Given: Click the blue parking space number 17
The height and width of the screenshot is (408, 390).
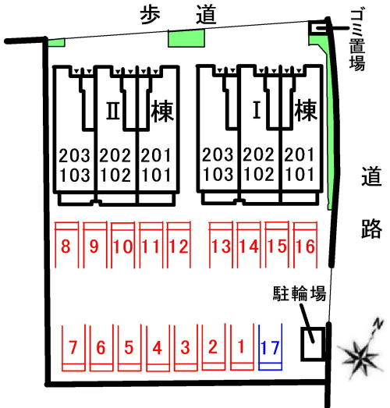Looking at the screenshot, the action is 270,347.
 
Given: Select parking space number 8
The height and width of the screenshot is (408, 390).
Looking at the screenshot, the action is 66,246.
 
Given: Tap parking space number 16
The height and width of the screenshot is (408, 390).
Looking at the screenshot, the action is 305,247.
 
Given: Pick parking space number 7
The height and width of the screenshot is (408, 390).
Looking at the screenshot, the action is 73,347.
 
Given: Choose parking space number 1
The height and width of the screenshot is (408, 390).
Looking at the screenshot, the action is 241,346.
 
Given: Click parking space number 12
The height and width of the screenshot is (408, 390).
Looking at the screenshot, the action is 179,247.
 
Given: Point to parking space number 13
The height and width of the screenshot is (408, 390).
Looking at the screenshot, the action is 221,247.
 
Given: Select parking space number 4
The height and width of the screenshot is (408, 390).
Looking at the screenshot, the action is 157,348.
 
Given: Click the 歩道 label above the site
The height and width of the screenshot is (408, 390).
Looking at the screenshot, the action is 178,15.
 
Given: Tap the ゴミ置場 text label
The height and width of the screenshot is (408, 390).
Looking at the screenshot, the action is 357,40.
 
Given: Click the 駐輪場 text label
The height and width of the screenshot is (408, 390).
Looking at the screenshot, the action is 300,293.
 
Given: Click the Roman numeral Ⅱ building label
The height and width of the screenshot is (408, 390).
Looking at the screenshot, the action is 113,111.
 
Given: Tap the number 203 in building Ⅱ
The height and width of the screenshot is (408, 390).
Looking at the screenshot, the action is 74,155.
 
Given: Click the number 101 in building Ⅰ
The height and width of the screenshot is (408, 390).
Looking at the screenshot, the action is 300,174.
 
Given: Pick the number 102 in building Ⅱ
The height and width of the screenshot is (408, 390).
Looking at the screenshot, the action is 115,175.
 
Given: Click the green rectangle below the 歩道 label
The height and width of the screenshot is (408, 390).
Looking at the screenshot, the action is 186,38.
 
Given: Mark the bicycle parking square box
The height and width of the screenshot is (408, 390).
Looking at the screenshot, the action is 313,344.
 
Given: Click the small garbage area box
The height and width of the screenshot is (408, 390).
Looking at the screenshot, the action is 317,28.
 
